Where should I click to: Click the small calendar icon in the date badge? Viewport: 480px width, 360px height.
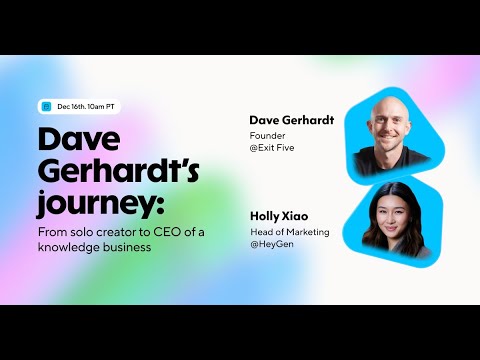(46, 106)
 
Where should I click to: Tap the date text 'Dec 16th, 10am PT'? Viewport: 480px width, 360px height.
(87, 106)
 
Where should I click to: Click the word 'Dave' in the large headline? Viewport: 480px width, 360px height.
(78, 140)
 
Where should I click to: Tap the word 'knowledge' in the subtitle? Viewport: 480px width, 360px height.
(69, 247)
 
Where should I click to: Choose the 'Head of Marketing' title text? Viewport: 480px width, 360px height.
(287, 230)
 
